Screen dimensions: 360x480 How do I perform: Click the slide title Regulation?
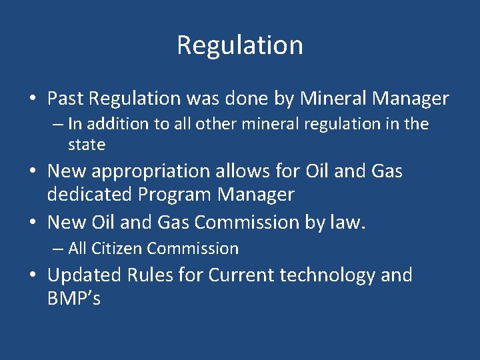pyautogui.click(x=240, y=45)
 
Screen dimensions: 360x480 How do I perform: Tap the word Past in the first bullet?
pyautogui.click(x=65, y=99)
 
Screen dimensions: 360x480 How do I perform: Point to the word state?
pyautogui.click(x=87, y=144)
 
